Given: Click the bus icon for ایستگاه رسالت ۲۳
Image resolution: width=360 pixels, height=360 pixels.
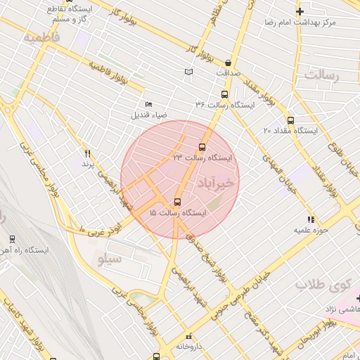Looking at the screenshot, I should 202,147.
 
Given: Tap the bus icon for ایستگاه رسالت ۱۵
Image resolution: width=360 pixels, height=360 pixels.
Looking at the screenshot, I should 176,202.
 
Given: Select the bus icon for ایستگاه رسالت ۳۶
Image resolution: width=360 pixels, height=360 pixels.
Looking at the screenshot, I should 224,94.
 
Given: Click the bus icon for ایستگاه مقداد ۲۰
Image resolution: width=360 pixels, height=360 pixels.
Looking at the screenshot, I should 290,120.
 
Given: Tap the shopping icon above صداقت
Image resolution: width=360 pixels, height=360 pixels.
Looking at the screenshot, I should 229,63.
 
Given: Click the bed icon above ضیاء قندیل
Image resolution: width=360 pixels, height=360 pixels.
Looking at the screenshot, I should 148,104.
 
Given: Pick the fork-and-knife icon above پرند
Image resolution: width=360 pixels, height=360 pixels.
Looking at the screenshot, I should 87,153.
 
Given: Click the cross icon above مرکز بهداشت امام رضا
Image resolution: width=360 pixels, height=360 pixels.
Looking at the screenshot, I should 300,11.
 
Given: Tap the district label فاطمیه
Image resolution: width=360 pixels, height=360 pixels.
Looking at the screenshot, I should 41,37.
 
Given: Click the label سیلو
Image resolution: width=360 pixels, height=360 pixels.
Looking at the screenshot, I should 109,259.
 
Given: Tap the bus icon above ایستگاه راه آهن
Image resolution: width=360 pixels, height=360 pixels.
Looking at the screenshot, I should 11,240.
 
